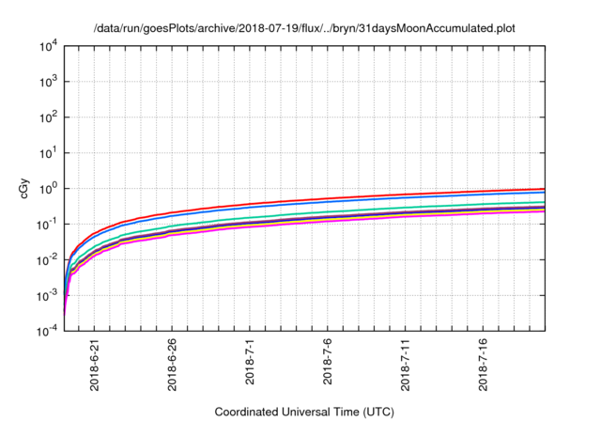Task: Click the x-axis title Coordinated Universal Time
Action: [305, 412]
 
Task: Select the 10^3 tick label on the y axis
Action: [48, 81]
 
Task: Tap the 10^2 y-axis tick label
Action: [48, 117]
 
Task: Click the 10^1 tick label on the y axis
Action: [48, 152]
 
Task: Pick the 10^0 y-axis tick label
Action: [48, 188]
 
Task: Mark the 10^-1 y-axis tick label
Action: [47, 224]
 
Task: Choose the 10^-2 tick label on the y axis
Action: [47, 259]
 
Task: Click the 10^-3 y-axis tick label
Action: [47, 295]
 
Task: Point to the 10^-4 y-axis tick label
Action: [47, 331]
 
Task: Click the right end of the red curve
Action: [545, 188]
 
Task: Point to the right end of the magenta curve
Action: [545, 210]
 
